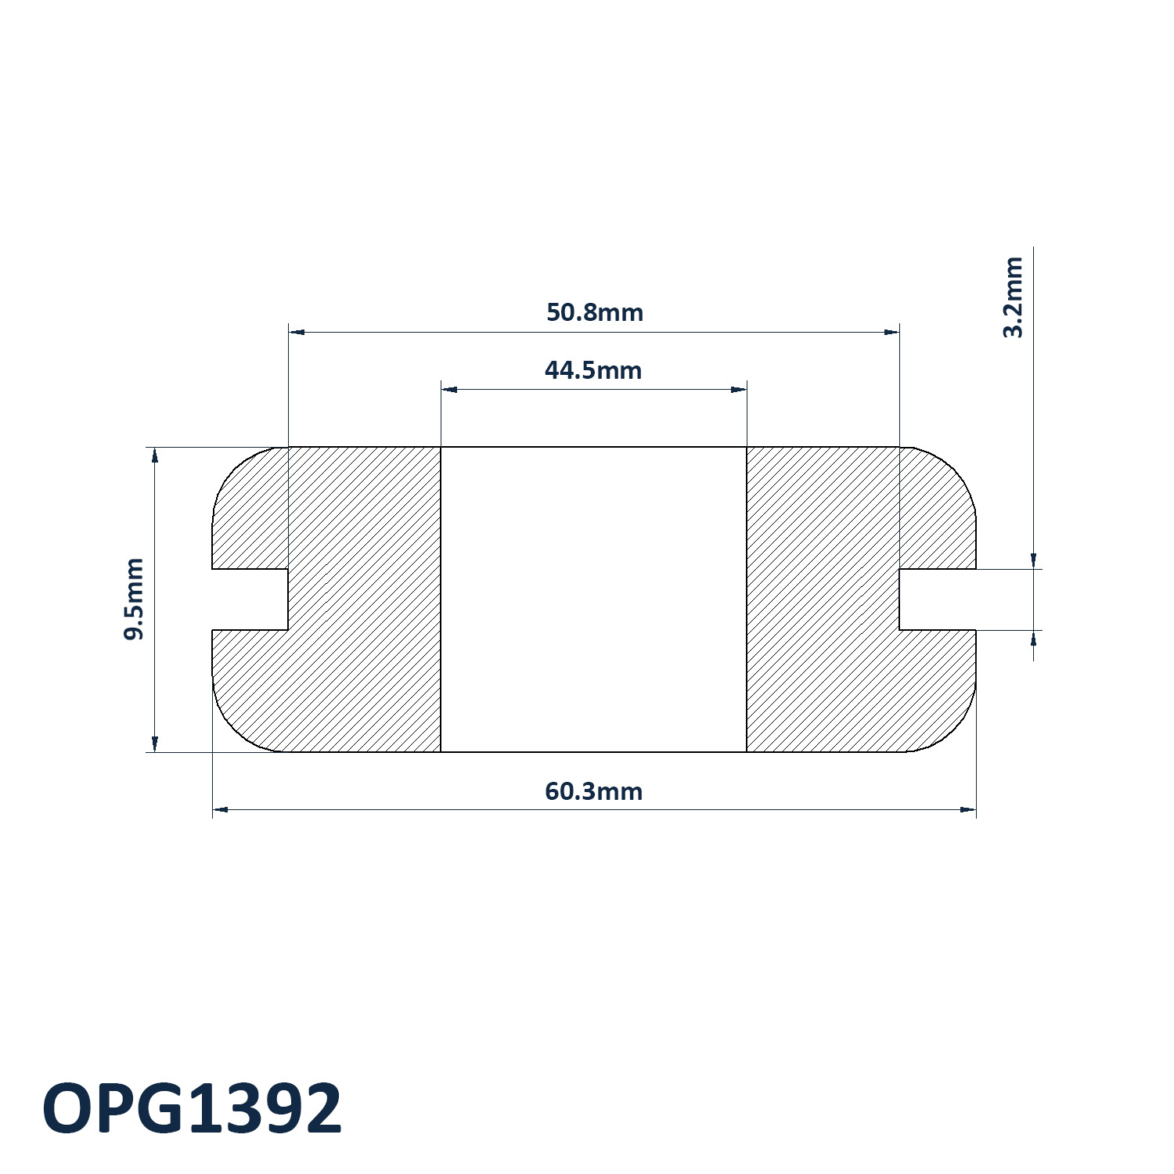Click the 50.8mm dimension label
click(x=595, y=312)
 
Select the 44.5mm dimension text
click(x=593, y=369)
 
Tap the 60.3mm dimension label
click(x=593, y=791)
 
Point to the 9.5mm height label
click(x=134, y=599)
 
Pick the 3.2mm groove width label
click(x=1013, y=297)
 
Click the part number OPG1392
click(x=193, y=1108)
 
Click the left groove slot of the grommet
click(x=250, y=600)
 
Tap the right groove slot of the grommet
click(x=938, y=600)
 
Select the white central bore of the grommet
click(x=593, y=600)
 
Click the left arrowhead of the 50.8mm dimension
click(x=297, y=332)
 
